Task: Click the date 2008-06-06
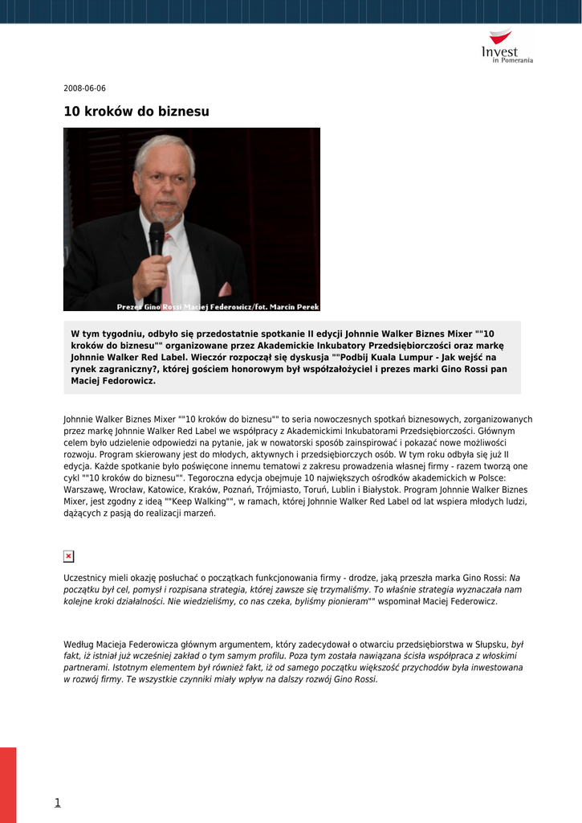coord(84,88)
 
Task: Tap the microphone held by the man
coord(157,241)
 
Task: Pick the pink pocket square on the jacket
coord(225,289)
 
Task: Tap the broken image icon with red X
coord(68,556)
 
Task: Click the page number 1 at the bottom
coord(58,802)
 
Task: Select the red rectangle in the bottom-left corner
coord(8,784)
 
